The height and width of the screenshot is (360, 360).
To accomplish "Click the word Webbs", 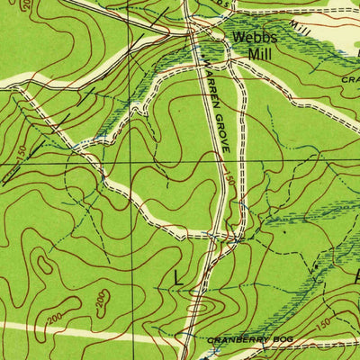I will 251,38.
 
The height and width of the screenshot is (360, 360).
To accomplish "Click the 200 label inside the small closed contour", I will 102,297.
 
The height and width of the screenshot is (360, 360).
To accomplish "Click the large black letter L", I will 178,279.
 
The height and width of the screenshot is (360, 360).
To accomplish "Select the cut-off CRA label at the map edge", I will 350,78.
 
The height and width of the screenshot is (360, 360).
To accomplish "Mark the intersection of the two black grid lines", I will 130,163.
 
